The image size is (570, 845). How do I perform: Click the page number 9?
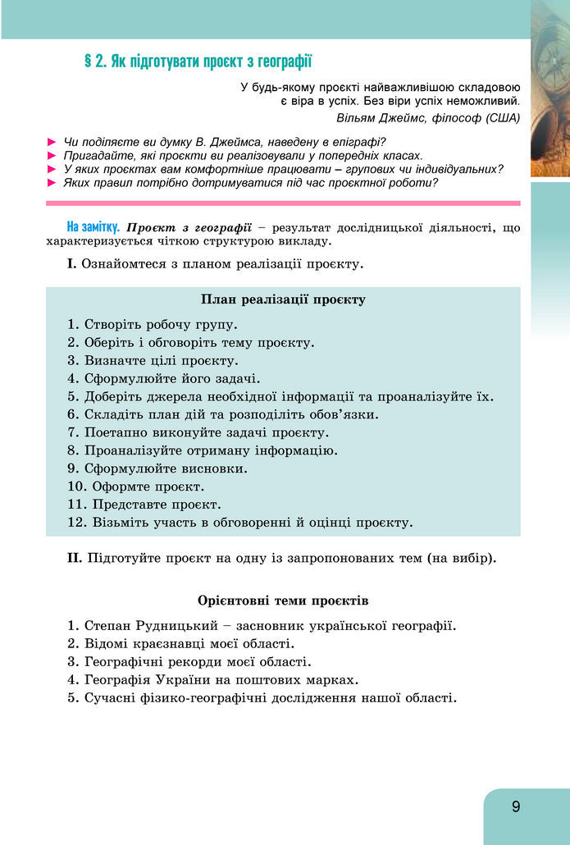pyautogui.click(x=516, y=806)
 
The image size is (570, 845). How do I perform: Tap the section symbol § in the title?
pyautogui.click(x=89, y=62)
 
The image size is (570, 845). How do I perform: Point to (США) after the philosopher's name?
pyautogui.click(x=503, y=118)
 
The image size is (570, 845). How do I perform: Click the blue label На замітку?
pyautogui.click(x=93, y=226)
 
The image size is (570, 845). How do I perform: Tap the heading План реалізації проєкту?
pyautogui.click(x=283, y=299)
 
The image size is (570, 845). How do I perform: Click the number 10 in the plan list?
pyautogui.click(x=75, y=486)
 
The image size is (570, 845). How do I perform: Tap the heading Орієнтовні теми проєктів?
pyautogui.click(x=283, y=601)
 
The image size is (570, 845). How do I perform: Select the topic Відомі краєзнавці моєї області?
pyautogui.click(x=189, y=644)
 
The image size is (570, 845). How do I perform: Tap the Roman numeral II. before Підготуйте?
pyautogui.click(x=75, y=559)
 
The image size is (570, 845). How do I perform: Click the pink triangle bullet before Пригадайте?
pyautogui.click(x=53, y=155)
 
